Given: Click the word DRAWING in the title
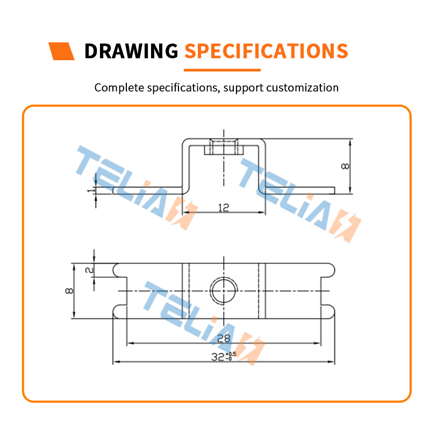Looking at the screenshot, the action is click(x=131, y=51).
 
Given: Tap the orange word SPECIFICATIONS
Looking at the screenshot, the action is click(x=266, y=51).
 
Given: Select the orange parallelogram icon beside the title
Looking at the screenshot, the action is click(x=61, y=51).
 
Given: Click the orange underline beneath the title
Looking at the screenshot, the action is click(x=222, y=70).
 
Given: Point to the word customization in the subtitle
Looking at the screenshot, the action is click(x=302, y=88).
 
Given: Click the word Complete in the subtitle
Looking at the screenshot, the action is click(x=119, y=88).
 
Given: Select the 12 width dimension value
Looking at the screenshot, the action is click(x=224, y=207).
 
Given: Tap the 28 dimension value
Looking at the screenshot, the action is click(x=224, y=339).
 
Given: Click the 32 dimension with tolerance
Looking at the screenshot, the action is click(x=224, y=357).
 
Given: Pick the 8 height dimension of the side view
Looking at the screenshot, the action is click(x=345, y=166).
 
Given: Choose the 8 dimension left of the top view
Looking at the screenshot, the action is click(x=69, y=291).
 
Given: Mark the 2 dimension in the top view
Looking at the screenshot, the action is click(x=89, y=270).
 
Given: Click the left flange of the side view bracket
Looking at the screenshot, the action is click(x=147, y=191).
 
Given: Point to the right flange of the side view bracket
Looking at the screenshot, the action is click(x=300, y=191).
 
